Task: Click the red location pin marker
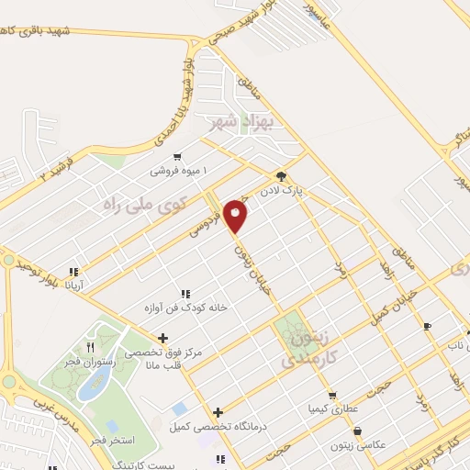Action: point(237,215)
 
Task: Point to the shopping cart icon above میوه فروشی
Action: point(176,158)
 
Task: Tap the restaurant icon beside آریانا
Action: point(73,272)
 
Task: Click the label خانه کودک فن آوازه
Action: point(185,308)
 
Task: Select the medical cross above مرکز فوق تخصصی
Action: point(163,337)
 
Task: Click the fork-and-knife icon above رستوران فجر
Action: point(90,348)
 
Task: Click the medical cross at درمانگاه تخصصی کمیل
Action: point(217,412)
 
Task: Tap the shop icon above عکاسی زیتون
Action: point(356,431)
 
